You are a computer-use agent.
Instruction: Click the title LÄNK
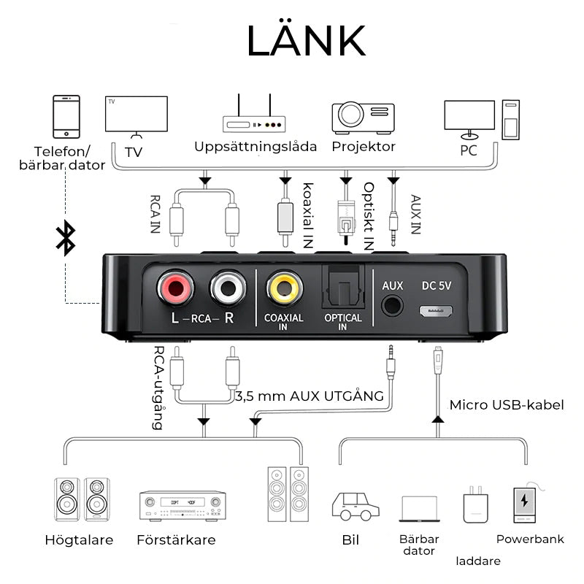click(x=306, y=42)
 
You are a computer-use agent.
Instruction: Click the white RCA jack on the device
click(x=228, y=288)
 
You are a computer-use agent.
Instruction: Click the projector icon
click(x=363, y=117)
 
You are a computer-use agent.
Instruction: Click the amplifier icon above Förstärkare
click(x=182, y=504)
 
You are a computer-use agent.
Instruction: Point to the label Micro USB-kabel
click(x=507, y=404)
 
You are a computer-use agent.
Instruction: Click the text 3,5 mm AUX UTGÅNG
click(x=310, y=396)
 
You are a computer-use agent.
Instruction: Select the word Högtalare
click(x=79, y=540)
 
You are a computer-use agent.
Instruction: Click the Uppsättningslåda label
click(x=255, y=147)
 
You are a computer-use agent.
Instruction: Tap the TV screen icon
click(x=137, y=114)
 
